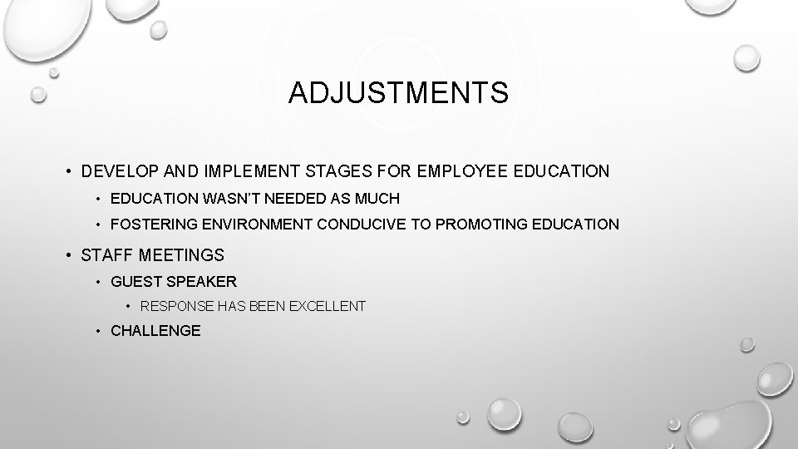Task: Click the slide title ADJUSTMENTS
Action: point(398,92)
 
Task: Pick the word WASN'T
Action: point(226,199)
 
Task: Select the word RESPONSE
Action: point(176,306)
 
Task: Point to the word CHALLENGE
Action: point(155,331)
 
